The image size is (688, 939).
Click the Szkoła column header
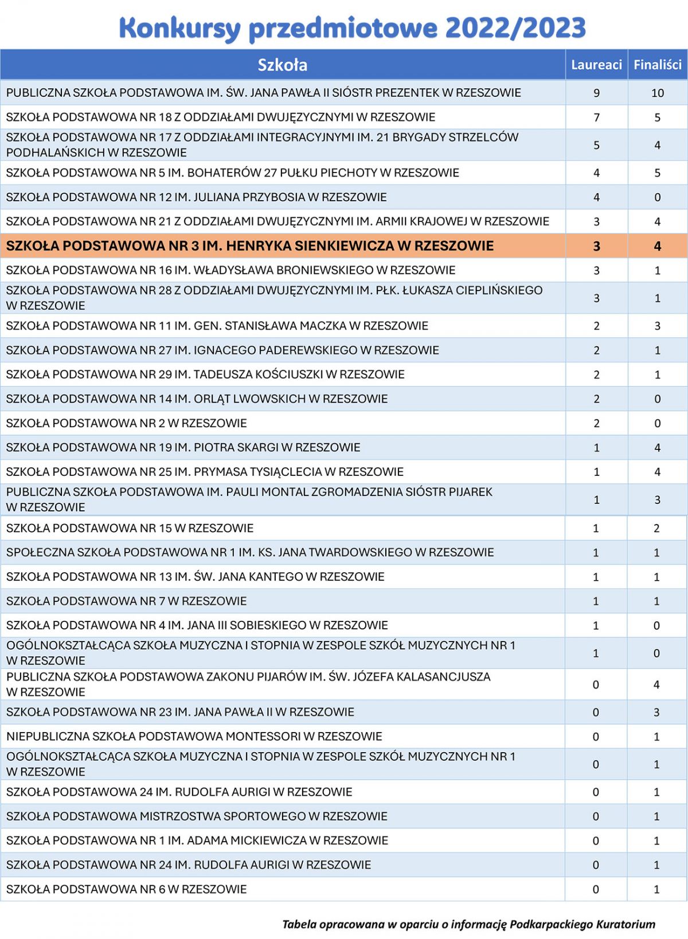click(x=282, y=65)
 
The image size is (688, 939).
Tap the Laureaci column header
click(x=596, y=65)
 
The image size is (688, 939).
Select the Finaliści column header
click(x=657, y=65)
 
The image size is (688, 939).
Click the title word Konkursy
click(x=179, y=28)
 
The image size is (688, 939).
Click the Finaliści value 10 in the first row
click(x=657, y=93)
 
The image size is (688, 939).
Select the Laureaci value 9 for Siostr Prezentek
click(x=596, y=93)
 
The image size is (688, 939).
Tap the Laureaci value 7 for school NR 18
click(x=596, y=118)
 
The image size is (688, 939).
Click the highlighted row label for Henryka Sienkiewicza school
click(x=249, y=246)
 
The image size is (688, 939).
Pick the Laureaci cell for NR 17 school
click(x=596, y=145)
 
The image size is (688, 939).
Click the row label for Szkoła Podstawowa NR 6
click(x=126, y=889)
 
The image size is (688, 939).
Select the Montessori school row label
click(x=194, y=736)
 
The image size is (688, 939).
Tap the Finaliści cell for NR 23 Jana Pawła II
click(x=656, y=712)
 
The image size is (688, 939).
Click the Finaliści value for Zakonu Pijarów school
click(x=656, y=684)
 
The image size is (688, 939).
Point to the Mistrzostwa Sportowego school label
click(x=197, y=816)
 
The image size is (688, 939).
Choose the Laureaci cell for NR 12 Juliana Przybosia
click(x=596, y=197)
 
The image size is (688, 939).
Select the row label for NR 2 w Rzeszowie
click(x=126, y=423)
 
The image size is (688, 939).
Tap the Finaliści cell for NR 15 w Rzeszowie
click(x=656, y=528)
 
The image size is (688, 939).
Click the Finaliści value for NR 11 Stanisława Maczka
click(x=657, y=326)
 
